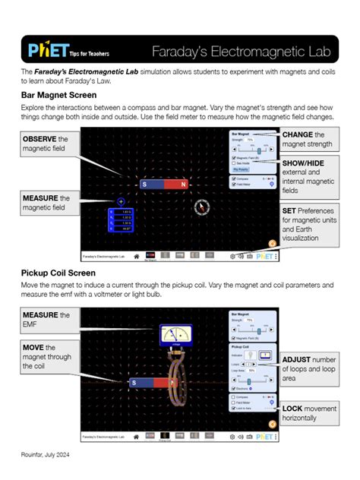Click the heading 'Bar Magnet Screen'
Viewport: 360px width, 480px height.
pos(59,95)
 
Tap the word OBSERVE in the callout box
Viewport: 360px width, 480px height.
pos(39,140)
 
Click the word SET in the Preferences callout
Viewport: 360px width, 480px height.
pos(289,210)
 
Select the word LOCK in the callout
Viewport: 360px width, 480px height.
pos(295,408)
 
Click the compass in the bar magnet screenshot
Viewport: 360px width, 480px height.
pos(201,207)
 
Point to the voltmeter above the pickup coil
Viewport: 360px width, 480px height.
pos(175,335)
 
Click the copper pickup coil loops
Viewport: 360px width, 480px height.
pos(176,384)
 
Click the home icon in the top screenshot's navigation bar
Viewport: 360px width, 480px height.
pos(137,257)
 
